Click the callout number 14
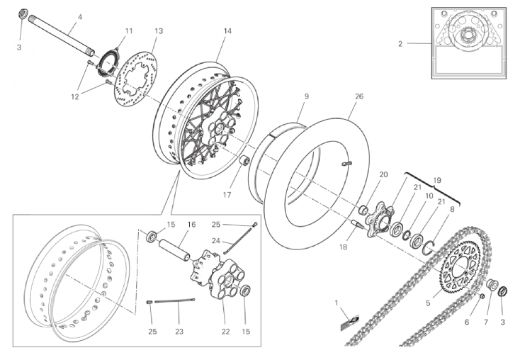pyautogui.click(x=227, y=31)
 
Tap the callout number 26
pyautogui.click(x=359, y=96)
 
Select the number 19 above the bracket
pyautogui.click(x=437, y=181)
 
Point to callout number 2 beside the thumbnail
pyautogui.click(x=400, y=43)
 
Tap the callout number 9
pyautogui.click(x=307, y=96)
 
